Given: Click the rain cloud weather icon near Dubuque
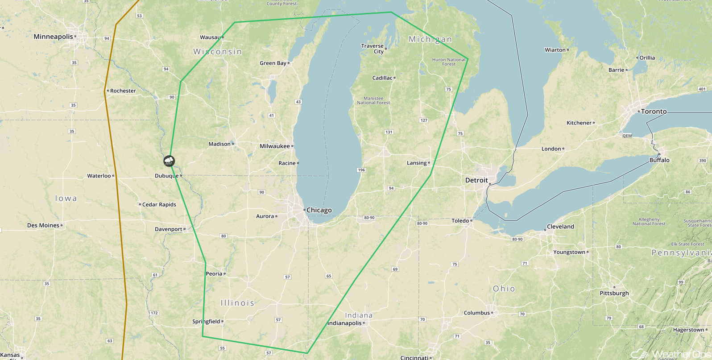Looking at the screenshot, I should pos(169,161).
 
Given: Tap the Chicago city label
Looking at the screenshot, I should pos(319,210).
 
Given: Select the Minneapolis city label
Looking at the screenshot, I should pos(53,37).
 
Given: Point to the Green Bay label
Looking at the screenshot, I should pos(273,63).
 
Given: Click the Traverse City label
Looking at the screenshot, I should pos(373,49).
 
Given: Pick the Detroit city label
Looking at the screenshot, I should pos(476,180).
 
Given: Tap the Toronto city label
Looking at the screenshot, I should pos(654,112).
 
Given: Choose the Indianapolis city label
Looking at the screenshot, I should pos(344,323).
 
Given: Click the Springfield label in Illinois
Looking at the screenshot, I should pos(206,321).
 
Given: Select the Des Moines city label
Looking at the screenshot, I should pos(43,225).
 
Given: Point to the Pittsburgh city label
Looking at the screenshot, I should pos(614,293).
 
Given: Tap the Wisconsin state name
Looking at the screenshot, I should pos(218,52).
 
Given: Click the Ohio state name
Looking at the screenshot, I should pos(504,289).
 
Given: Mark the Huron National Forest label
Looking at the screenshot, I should pos(449,62).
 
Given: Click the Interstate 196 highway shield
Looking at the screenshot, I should pos(361,170).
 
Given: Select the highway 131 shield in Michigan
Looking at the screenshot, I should pos(389,132).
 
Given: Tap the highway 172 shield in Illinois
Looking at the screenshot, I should pos(154,313).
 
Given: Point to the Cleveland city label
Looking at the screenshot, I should pos(560,227).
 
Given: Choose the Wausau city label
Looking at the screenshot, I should pos(210,37).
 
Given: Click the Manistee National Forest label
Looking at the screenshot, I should pos(373,100).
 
